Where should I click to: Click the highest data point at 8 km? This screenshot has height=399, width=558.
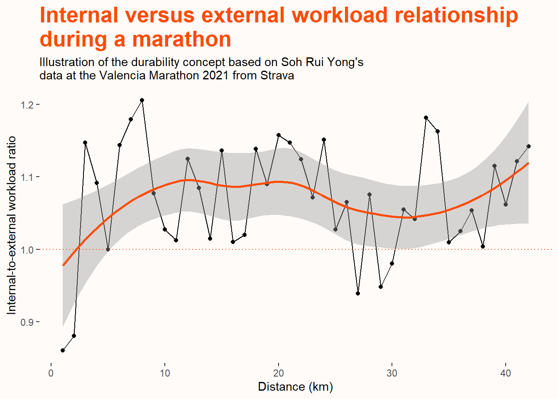click(x=142, y=100)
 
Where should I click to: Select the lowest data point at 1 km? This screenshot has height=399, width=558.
click(x=63, y=350)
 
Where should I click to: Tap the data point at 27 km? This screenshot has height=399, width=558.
click(x=358, y=293)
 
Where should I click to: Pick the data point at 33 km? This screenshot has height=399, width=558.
click(x=426, y=118)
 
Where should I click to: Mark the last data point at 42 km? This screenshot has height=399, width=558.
click(x=529, y=146)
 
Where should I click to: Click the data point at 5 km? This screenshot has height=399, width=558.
click(x=108, y=249)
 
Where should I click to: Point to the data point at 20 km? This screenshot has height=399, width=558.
click(x=279, y=135)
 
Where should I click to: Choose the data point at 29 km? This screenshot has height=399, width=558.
click(x=381, y=287)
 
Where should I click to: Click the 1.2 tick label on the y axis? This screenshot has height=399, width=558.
click(x=27, y=105)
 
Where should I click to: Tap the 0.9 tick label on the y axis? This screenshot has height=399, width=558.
click(x=27, y=323)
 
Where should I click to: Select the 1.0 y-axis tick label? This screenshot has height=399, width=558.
click(x=27, y=250)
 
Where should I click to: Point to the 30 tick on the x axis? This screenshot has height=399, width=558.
click(x=392, y=373)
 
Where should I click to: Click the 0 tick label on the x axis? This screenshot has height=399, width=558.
click(x=51, y=373)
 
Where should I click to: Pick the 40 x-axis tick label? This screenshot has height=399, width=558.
click(x=506, y=373)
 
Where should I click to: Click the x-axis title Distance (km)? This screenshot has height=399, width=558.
click(x=296, y=387)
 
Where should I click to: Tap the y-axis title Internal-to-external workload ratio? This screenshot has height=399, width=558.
click(x=12, y=225)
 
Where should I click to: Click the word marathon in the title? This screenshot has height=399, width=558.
click(x=181, y=39)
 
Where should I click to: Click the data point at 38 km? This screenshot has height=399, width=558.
click(x=483, y=246)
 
